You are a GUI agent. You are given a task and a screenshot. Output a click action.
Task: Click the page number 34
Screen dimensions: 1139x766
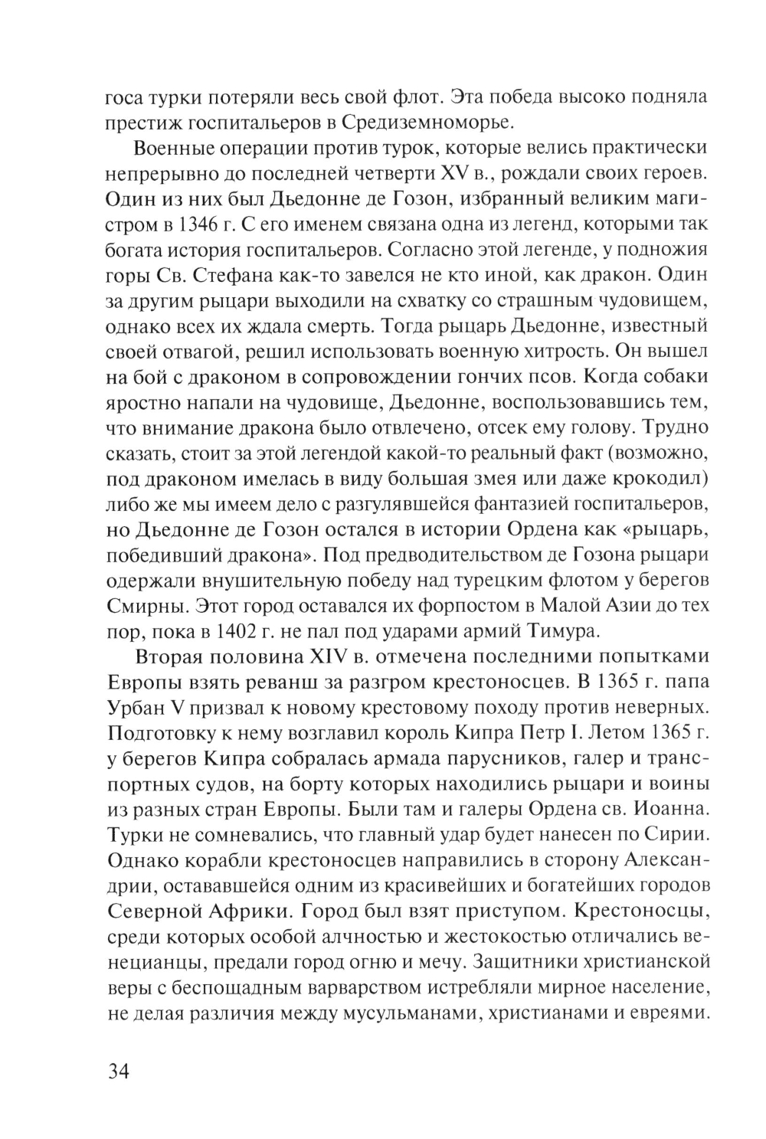point(118,1070)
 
